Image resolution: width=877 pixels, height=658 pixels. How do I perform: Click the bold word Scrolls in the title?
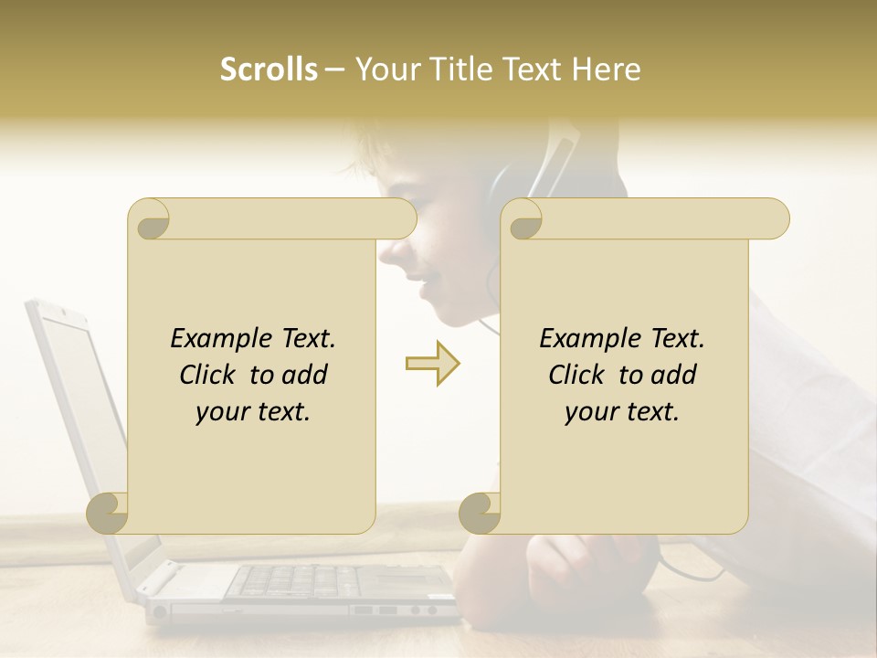point(269,69)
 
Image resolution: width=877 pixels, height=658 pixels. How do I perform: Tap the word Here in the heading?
point(607,69)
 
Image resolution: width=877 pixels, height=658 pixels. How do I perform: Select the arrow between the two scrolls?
point(432,364)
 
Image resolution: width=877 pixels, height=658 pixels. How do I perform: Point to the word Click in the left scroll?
point(210,375)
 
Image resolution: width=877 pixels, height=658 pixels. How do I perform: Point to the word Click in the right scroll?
point(579,375)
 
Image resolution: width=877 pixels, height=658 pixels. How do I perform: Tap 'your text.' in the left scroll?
point(253,411)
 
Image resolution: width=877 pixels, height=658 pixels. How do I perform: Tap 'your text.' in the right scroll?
point(622,411)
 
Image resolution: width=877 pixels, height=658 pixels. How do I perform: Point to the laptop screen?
point(82,402)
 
